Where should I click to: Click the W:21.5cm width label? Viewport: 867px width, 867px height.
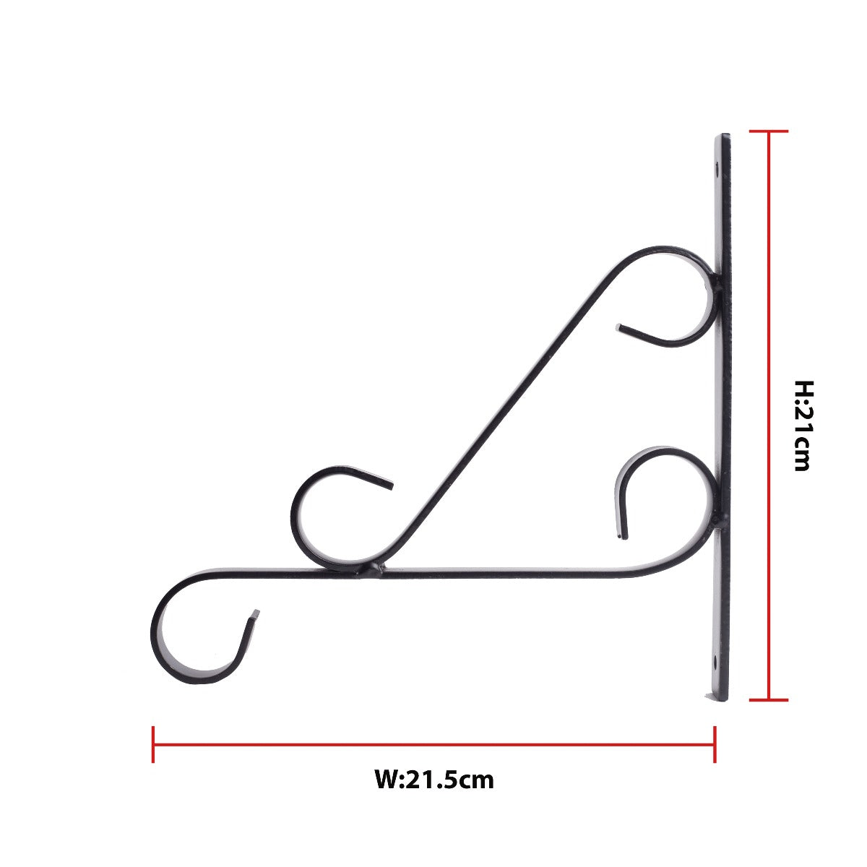point(434,780)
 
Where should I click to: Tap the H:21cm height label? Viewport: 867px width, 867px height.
point(802,426)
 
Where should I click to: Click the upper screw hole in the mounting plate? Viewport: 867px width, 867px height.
point(717,171)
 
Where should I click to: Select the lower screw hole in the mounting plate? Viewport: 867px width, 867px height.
point(715,660)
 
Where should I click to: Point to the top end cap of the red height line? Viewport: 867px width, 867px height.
point(768,131)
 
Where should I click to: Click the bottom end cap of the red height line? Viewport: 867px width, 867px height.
point(768,699)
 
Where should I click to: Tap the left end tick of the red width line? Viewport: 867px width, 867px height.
point(153,744)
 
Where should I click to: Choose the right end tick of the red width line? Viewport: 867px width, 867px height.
point(715,744)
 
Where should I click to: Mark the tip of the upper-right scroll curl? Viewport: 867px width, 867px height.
point(619,328)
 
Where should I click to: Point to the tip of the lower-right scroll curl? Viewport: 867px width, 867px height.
point(622,536)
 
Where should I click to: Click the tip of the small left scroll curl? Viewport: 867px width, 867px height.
point(391,484)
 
